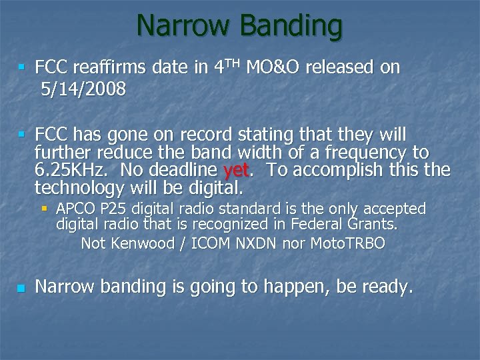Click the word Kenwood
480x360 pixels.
pyautogui.click(x=138, y=243)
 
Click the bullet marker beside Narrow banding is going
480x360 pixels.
pyautogui.click(x=21, y=288)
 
